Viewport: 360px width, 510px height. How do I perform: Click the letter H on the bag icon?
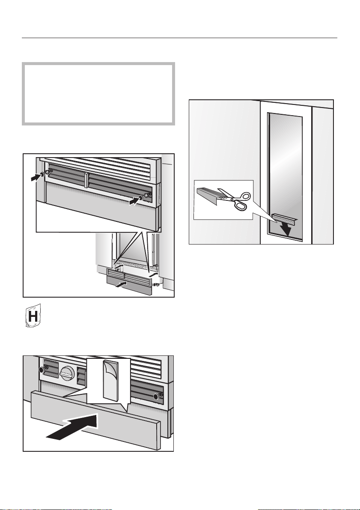coord(33,316)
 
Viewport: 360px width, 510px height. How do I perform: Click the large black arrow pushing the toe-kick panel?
coord(72,427)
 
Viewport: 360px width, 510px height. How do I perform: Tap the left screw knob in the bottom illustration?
coord(42,370)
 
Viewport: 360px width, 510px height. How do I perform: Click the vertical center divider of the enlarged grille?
coord(86,180)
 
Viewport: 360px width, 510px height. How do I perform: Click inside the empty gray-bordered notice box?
coord(98,94)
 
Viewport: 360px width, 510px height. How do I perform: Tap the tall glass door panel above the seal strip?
coord(285,163)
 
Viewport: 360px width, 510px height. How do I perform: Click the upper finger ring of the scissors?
coord(244,196)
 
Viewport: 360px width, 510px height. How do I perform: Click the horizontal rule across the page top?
coord(179,38)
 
